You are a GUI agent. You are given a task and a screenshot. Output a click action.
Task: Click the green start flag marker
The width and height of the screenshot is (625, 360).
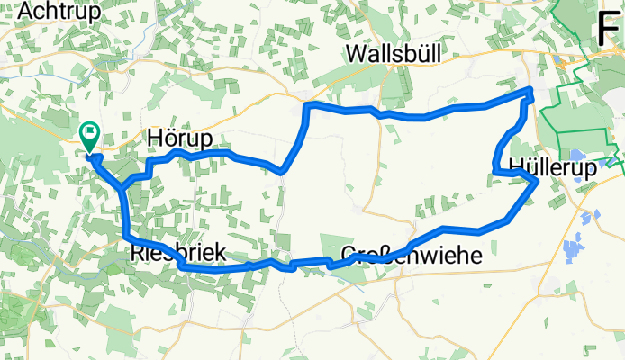[x=91, y=137]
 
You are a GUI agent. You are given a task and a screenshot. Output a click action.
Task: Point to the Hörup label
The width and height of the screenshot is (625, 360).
[x=178, y=139]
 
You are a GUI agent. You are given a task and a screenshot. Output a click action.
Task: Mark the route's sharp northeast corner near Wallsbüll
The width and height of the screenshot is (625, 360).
[x=530, y=90]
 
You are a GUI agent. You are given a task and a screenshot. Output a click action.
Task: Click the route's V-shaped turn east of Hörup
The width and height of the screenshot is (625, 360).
[x=282, y=170]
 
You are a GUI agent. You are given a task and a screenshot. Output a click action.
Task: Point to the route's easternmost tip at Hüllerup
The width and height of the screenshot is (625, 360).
[x=538, y=182]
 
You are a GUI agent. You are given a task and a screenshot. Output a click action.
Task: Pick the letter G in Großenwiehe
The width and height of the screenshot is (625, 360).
[x=350, y=256]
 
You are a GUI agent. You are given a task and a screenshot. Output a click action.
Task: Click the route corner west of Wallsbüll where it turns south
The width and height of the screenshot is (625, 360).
[x=308, y=107]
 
